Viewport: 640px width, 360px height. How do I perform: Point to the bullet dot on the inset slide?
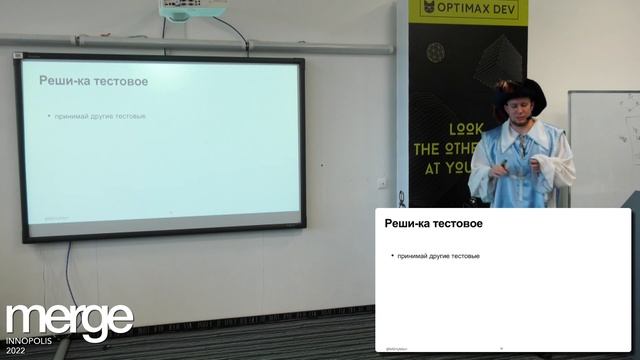(x=392, y=256)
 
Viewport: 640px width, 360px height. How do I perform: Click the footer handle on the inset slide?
(x=396, y=348)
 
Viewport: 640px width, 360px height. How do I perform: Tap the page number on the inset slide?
(x=501, y=348)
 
